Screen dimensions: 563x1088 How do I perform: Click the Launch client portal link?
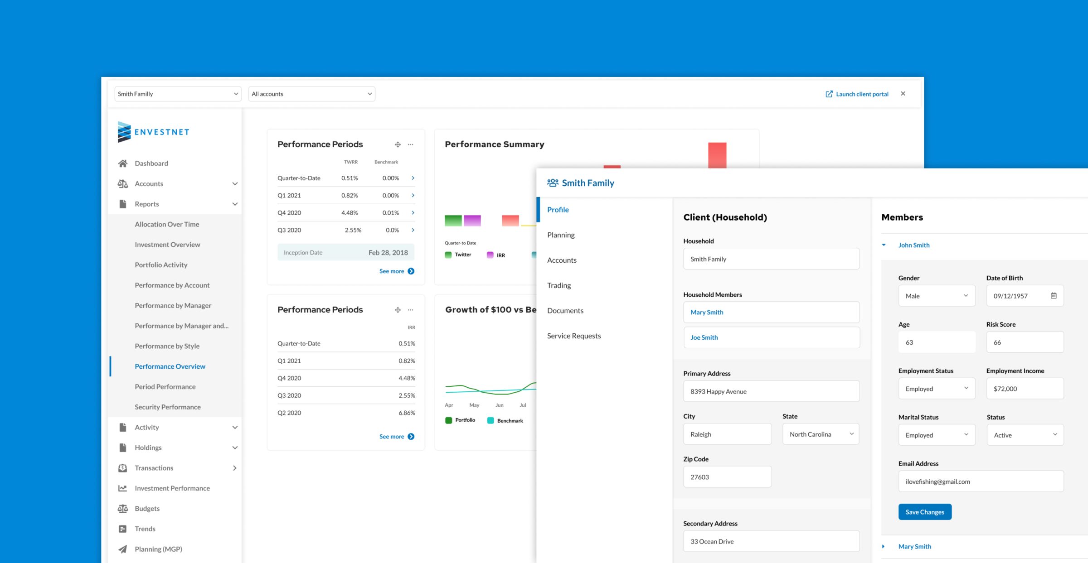tap(857, 94)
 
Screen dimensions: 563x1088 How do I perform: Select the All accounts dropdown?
tap(311, 94)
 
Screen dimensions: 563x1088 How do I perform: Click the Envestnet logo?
tap(153, 132)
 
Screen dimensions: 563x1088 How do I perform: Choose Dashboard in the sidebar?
tap(151, 164)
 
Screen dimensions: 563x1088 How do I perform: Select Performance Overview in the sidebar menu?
tap(170, 366)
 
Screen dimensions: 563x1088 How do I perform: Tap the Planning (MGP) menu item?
tap(158, 549)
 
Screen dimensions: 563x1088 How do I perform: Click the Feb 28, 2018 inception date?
tap(388, 253)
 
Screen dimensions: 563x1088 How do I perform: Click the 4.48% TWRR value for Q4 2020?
tap(350, 213)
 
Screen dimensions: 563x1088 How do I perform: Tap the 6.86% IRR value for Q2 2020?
tap(407, 413)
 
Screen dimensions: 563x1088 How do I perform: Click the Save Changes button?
tap(925, 512)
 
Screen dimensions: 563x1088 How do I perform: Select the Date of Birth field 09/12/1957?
tap(1020, 296)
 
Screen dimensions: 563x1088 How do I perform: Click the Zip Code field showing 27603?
tap(727, 477)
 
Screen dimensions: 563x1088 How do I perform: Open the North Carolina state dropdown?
tap(821, 434)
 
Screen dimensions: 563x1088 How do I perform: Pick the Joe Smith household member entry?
tap(771, 337)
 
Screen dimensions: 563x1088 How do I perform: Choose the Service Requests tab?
tap(574, 336)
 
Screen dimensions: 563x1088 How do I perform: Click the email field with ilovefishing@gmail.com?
tap(981, 481)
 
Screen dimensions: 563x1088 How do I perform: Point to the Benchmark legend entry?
tap(505, 421)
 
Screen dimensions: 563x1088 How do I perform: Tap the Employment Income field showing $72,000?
tap(1025, 389)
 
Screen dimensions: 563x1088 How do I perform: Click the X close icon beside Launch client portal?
tap(903, 94)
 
